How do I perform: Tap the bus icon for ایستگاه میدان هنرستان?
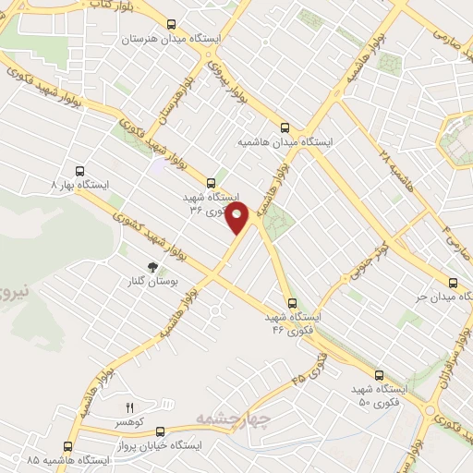[x=171, y=25]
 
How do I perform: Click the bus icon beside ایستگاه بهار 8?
[x=79, y=171]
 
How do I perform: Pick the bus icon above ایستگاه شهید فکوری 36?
[x=212, y=183]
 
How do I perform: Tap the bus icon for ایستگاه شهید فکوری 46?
[x=293, y=302]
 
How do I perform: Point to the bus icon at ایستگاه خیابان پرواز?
[x=161, y=431]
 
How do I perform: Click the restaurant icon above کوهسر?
[x=129, y=406]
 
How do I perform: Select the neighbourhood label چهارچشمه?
[x=231, y=421]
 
